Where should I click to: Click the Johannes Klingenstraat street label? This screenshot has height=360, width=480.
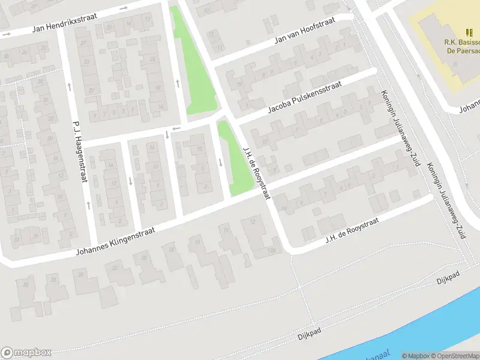pyautogui.click(x=115, y=241)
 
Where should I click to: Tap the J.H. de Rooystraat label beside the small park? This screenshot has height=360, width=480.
pyautogui.click(x=257, y=174)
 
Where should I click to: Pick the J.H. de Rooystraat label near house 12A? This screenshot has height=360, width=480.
pyautogui.click(x=352, y=231)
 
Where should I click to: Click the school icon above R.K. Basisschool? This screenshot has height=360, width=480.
pyautogui.click(x=469, y=32)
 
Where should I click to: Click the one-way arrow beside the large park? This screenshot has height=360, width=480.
pyautogui.click(x=178, y=83)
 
